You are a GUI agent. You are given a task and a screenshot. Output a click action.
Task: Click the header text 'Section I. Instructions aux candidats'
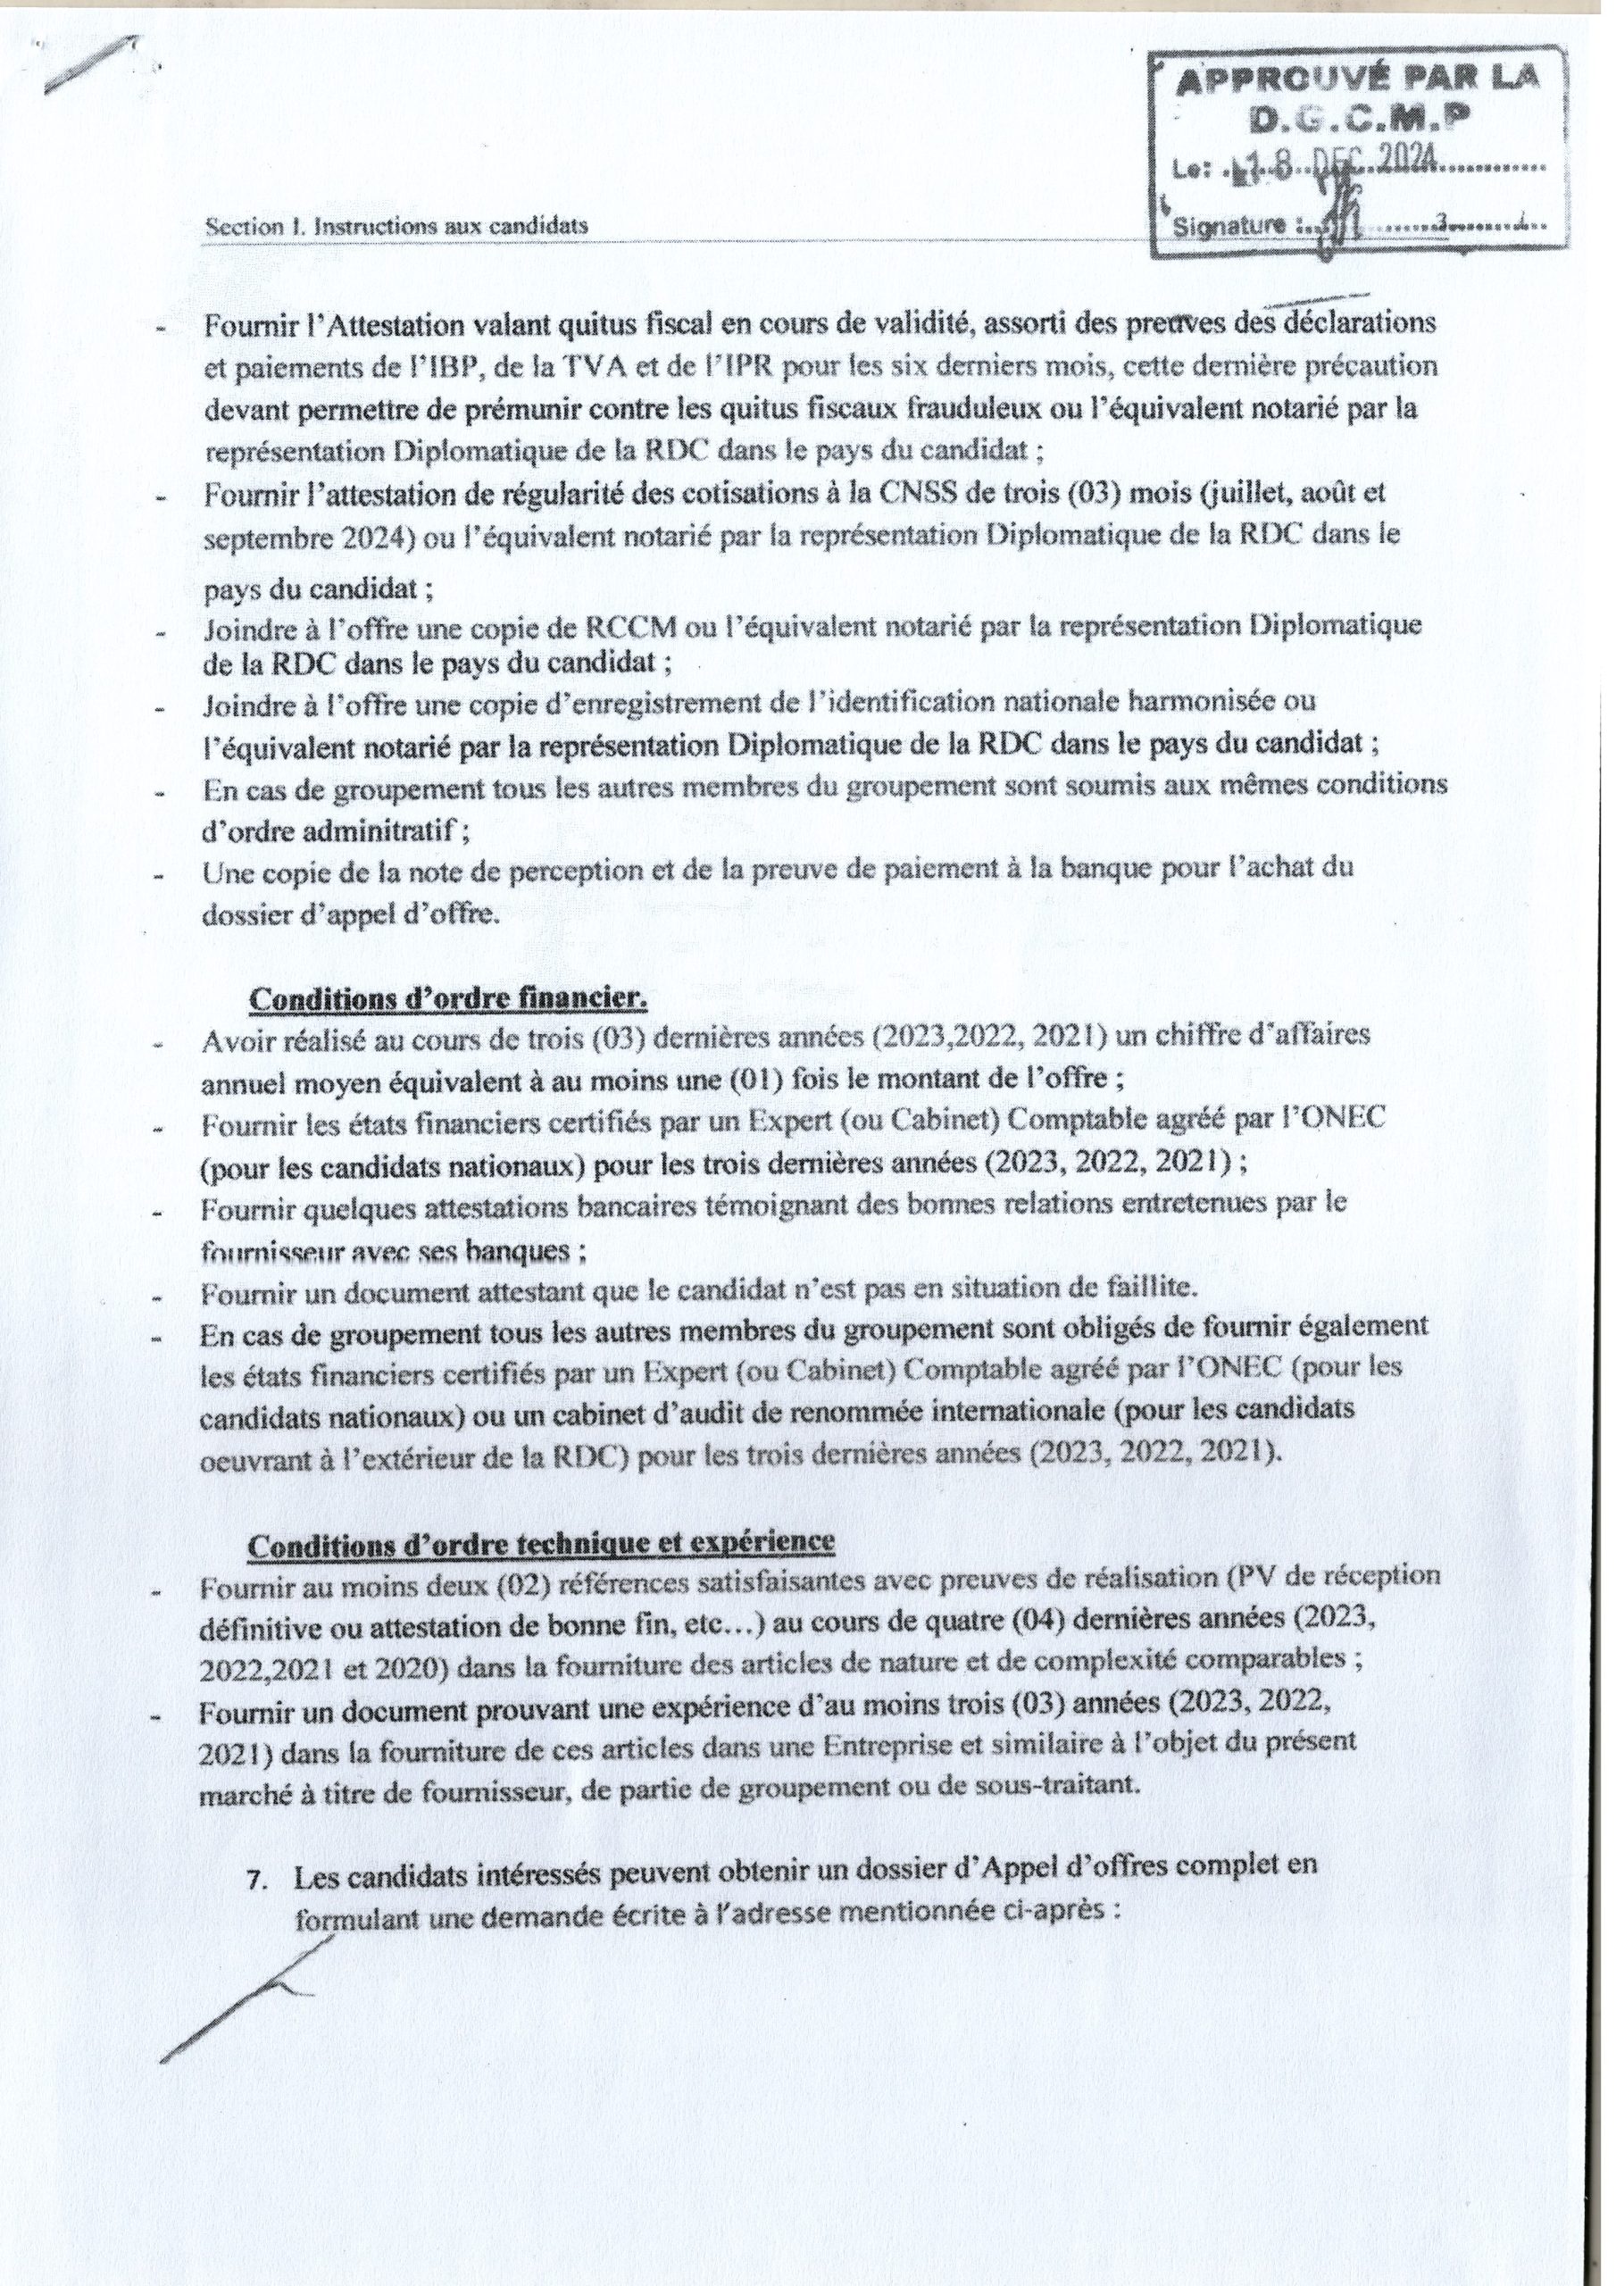coord(396,226)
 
